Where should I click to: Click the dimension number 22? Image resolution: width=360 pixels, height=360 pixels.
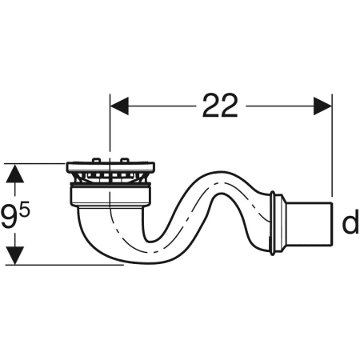click(220, 106)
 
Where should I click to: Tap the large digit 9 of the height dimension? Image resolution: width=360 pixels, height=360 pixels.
click(10, 217)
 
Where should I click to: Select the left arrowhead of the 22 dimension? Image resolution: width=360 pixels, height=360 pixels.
click(119, 106)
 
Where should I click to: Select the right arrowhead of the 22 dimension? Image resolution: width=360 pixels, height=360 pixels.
click(322, 106)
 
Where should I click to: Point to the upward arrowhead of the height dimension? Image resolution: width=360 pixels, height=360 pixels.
click(15, 174)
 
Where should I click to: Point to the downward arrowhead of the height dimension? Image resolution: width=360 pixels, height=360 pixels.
click(15, 255)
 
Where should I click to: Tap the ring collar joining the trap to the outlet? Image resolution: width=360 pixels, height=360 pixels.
click(274, 223)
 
